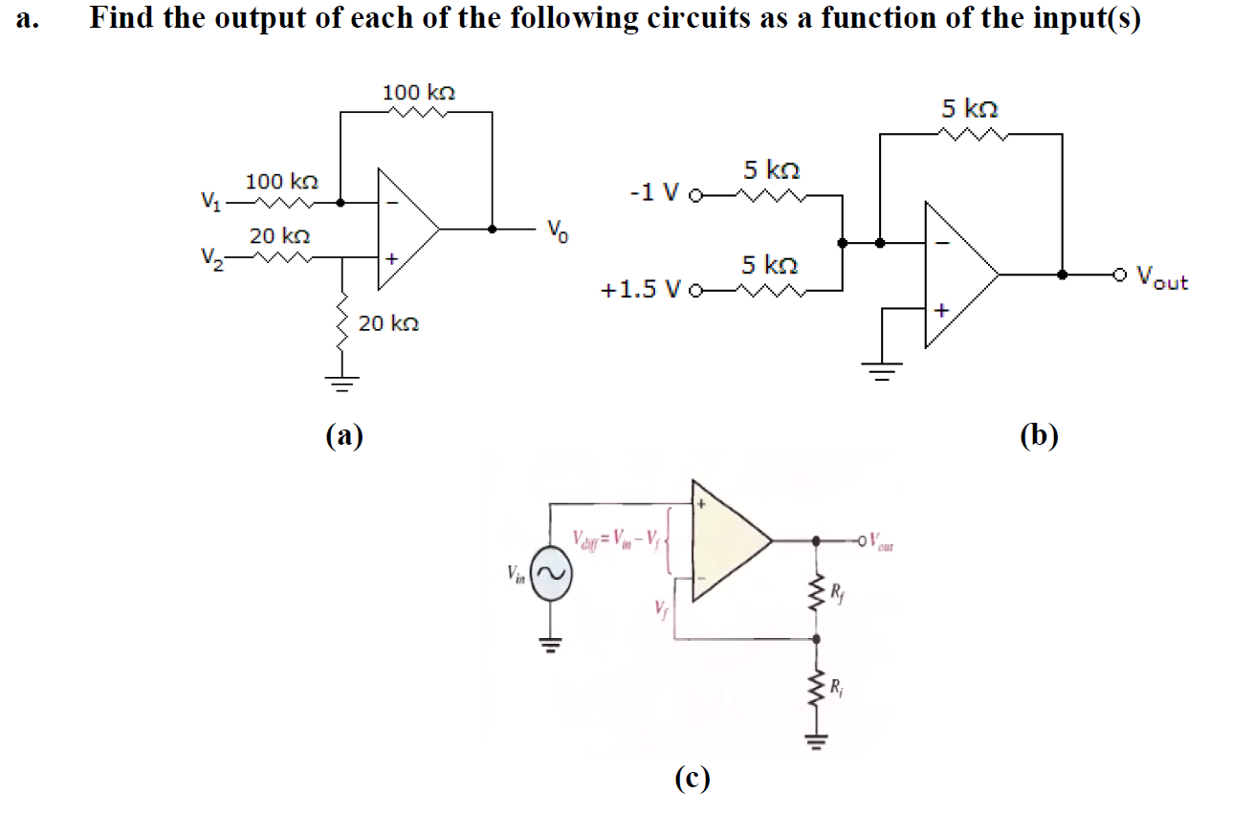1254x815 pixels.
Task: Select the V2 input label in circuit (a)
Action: coord(209,257)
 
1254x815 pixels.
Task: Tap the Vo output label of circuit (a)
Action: coord(559,231)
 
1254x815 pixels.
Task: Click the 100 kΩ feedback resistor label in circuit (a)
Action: coord(418,93)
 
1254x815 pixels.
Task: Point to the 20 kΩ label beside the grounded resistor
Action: coord(388,324)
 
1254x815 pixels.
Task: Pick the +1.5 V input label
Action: coord(642,288)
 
